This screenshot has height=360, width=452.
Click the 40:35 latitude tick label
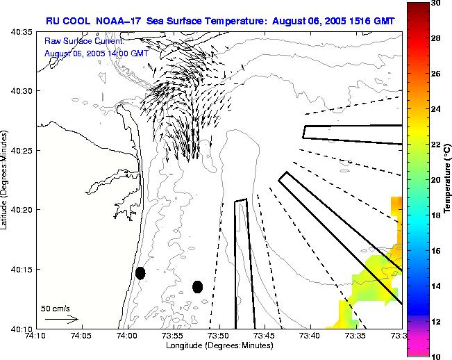(x=22, y=33)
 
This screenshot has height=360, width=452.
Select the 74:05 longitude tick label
(x=81, y=336)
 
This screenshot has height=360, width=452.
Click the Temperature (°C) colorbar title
(x=447, y=179)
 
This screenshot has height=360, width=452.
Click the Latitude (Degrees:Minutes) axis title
(x=6, y=179)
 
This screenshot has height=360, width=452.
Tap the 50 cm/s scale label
(x=55, y=308)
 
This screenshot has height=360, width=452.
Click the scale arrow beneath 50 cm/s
(x=61, y=319)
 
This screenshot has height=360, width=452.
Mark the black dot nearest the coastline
(x=140, y=273)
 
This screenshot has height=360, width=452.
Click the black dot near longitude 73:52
(x=197, y=286)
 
